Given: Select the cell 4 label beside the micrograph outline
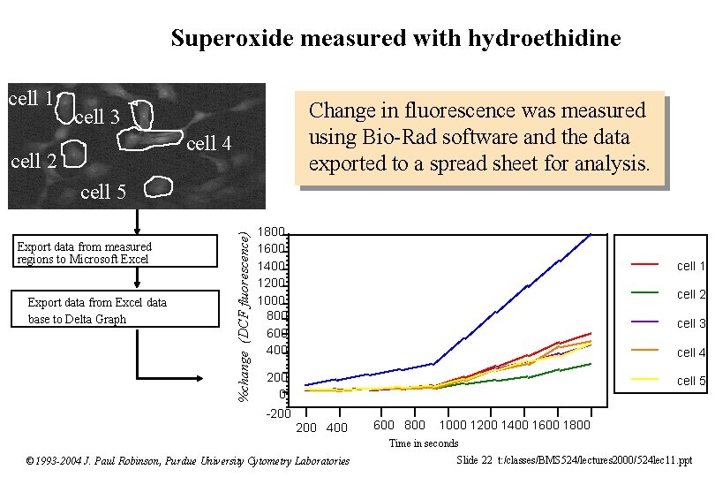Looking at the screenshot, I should (209, 144).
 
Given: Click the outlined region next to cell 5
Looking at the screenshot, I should (157, 186).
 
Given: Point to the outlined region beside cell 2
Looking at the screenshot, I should (74, 156).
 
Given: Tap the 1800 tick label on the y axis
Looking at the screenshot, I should (270, 232).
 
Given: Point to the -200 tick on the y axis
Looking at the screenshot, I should (278, 413).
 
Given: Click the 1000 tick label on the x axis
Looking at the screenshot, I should (453, 426).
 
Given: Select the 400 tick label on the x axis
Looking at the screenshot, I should (337, 428).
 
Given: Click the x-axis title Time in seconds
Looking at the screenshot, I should (424, 443).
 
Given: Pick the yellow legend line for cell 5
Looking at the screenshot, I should (644, 380).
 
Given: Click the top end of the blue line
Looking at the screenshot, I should (590, 234).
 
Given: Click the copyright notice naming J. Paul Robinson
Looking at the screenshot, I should (187, 460).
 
